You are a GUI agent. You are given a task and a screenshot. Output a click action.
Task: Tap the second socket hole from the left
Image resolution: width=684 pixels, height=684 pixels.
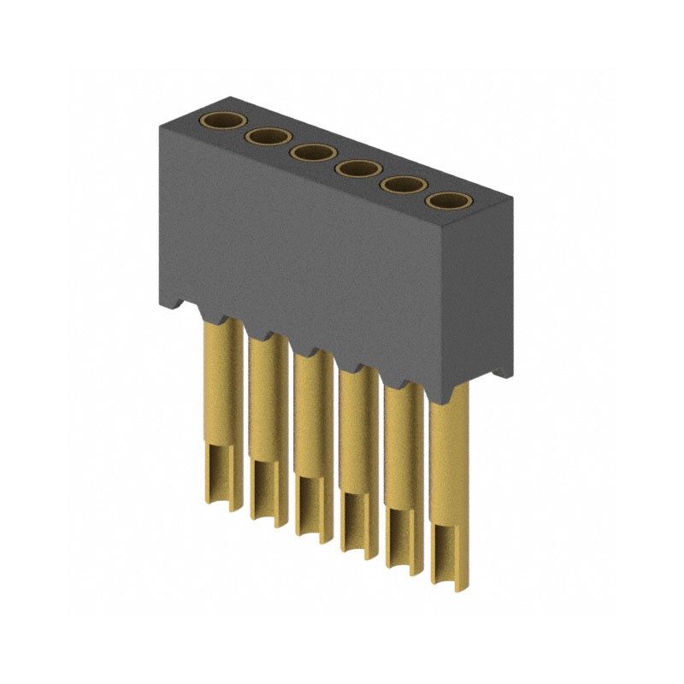tap(268, 137)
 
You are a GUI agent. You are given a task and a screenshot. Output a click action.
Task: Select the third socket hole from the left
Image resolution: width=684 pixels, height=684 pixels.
tap(313, 153)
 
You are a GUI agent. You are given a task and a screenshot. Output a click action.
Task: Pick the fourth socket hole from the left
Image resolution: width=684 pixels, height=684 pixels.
tap(358, 169)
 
